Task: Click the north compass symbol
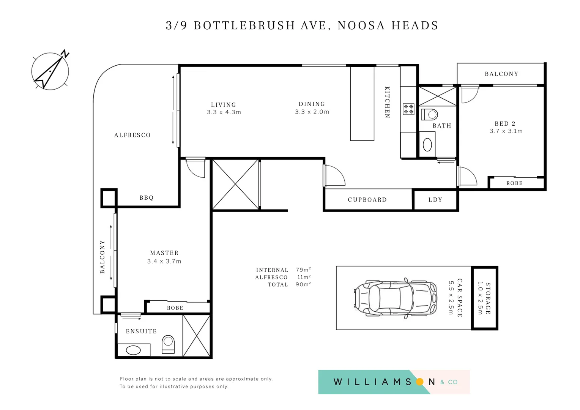point(50,71)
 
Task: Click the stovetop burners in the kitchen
point(408,109)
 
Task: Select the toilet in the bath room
point(429,114)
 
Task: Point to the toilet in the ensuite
point(168,344)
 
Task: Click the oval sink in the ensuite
point(133,350)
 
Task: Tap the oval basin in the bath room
point(427,145)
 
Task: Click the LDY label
point(435,200)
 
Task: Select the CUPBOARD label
point(367,200)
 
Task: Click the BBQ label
point(147,198)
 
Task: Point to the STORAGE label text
point(488,298)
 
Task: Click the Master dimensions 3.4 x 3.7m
point(164,261)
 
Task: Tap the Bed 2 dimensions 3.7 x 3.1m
point(506,131)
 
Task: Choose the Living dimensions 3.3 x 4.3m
point(224,112)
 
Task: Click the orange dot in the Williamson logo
point(420,382)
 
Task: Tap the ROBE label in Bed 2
point(514,183)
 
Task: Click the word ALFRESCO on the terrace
point(132,135)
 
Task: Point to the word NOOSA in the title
point(361,25)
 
